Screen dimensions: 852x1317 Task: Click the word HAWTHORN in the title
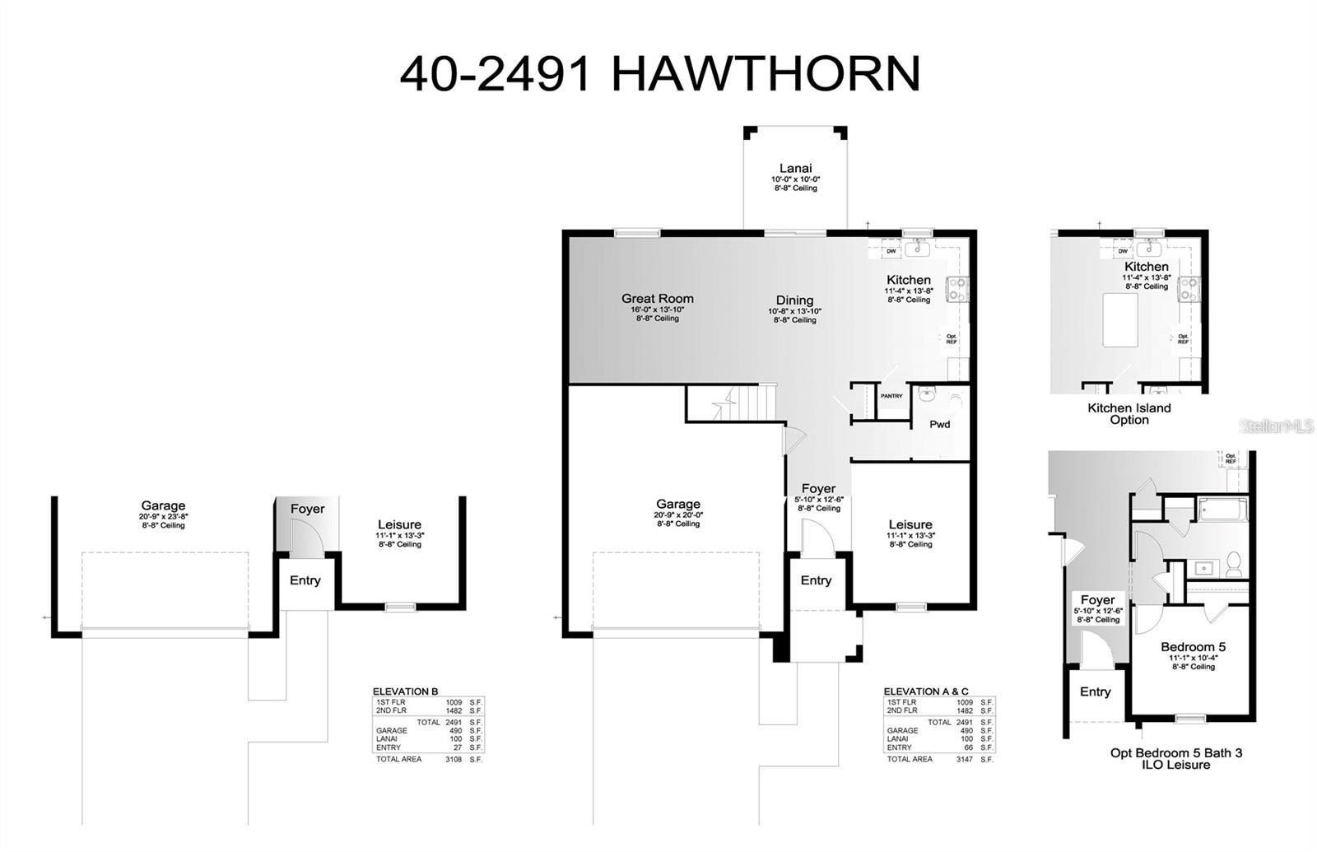coord(766,74)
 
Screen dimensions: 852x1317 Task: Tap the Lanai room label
coord(795,169)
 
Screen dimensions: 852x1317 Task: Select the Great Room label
coord(657,299)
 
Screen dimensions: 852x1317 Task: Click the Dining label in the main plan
coord(794,300)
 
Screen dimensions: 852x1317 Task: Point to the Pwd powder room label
coord(939,425)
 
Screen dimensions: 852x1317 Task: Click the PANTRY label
coord(891,397)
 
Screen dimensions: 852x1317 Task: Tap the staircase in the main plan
coord(733,403)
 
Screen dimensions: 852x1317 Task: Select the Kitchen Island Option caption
coord(1129,413)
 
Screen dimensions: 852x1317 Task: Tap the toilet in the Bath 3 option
coord(1233,565)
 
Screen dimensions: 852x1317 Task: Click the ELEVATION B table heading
coord(405,691)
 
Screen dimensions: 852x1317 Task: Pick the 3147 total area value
coord(964,759)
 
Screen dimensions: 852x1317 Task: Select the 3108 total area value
coord(453,759)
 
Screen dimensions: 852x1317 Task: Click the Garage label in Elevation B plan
coord(163,505)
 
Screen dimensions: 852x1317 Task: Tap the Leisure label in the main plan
coord(910,524)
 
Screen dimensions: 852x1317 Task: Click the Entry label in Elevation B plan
coord(305,580)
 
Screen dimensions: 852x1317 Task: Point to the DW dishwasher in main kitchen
coord(891,252)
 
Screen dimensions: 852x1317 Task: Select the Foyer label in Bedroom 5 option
coord(1097,600)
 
